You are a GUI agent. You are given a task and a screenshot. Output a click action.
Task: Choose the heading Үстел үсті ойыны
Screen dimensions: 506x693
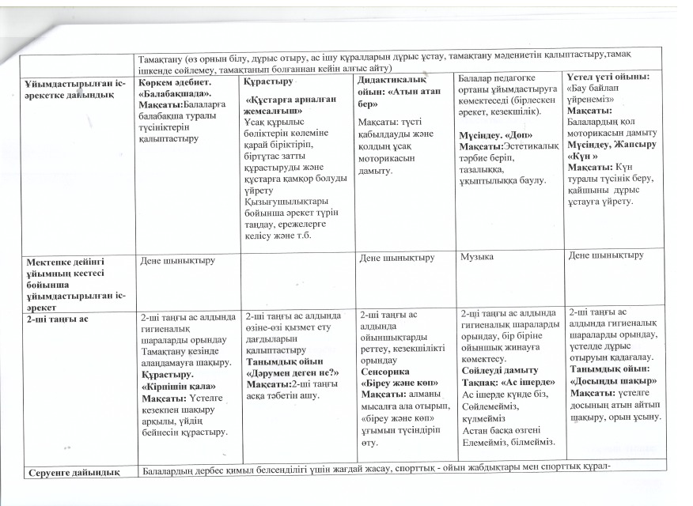click(605, 76)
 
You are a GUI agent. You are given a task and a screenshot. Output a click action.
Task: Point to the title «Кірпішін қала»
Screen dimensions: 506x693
click(175, 389)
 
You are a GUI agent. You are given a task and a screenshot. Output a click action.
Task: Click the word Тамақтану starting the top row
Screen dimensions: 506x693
click(157, 58)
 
